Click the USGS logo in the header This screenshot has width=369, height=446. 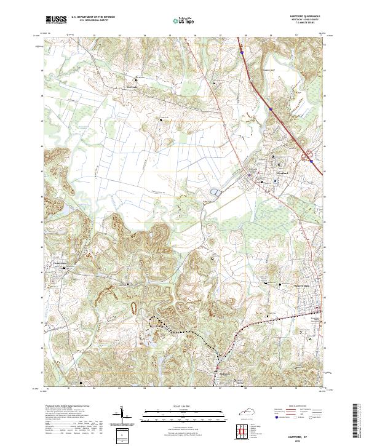coord(56,20)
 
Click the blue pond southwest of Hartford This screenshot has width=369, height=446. coord(213,193)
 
